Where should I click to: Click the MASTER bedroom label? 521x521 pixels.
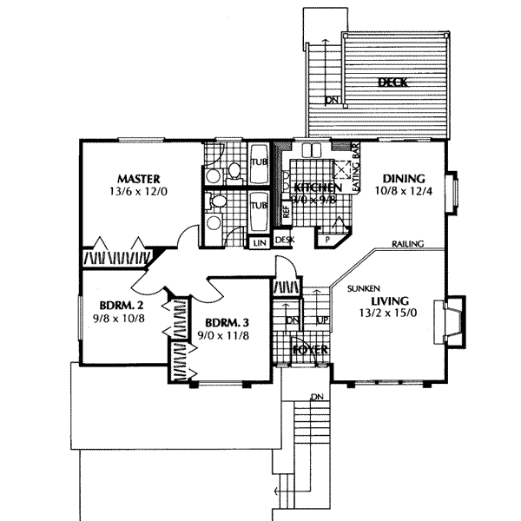coord(132,179)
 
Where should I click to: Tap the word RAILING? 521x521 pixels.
coord(407,245)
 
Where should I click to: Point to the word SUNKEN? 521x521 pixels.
coord(361,287)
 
